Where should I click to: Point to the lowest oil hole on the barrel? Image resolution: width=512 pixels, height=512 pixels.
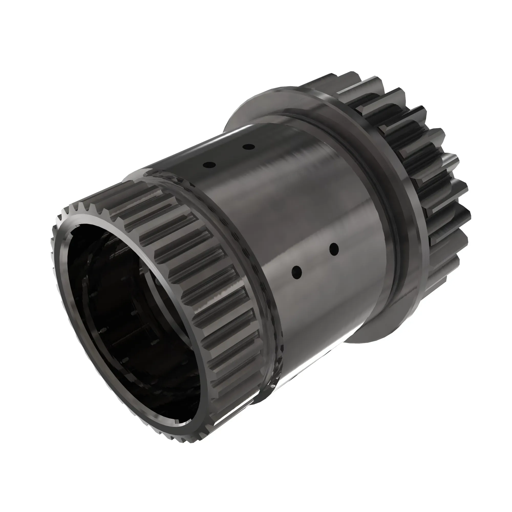[x=296, y=272]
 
